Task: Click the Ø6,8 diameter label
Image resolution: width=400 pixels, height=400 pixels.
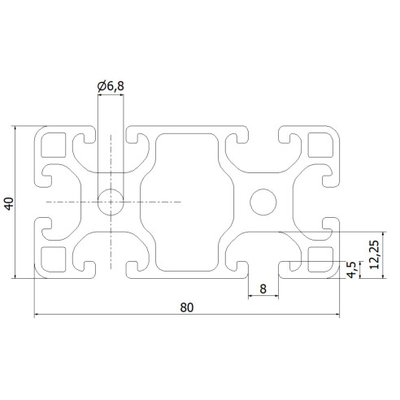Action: [x=111, y=85]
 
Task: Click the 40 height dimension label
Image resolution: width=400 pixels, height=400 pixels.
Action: [x=9, y=202]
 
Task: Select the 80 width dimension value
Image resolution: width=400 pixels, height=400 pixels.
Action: [x=187, y=307]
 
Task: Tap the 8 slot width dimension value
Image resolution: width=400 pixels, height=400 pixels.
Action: [x=263, y=288]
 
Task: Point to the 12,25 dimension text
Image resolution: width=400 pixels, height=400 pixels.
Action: [x=373, y=254]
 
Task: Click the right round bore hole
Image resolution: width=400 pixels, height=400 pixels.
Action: [x=263, y=201]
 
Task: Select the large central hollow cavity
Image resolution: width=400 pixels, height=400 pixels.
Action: [x=186, y=202]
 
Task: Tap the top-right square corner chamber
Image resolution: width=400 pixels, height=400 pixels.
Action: [x=320, y=146]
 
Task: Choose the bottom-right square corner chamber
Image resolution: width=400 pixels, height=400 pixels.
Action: [x=320, y=258]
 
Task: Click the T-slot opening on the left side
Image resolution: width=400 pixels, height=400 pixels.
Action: [x=38, y=202]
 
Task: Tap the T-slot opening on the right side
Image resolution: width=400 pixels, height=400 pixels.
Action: [x=335, y=202]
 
